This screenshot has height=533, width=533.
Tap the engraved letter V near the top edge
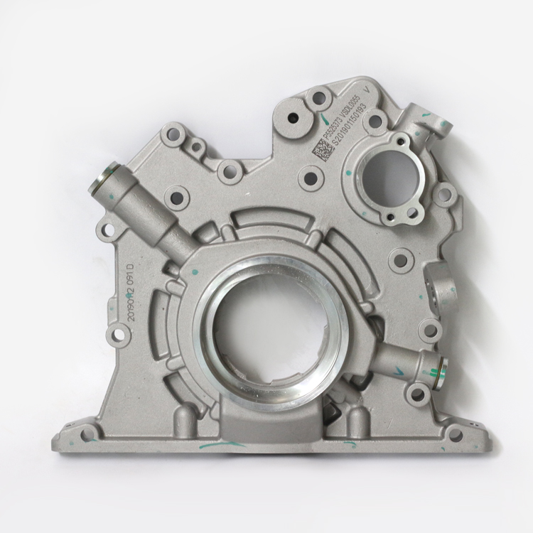[366, 90]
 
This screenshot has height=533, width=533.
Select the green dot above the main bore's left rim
[192, 271]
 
